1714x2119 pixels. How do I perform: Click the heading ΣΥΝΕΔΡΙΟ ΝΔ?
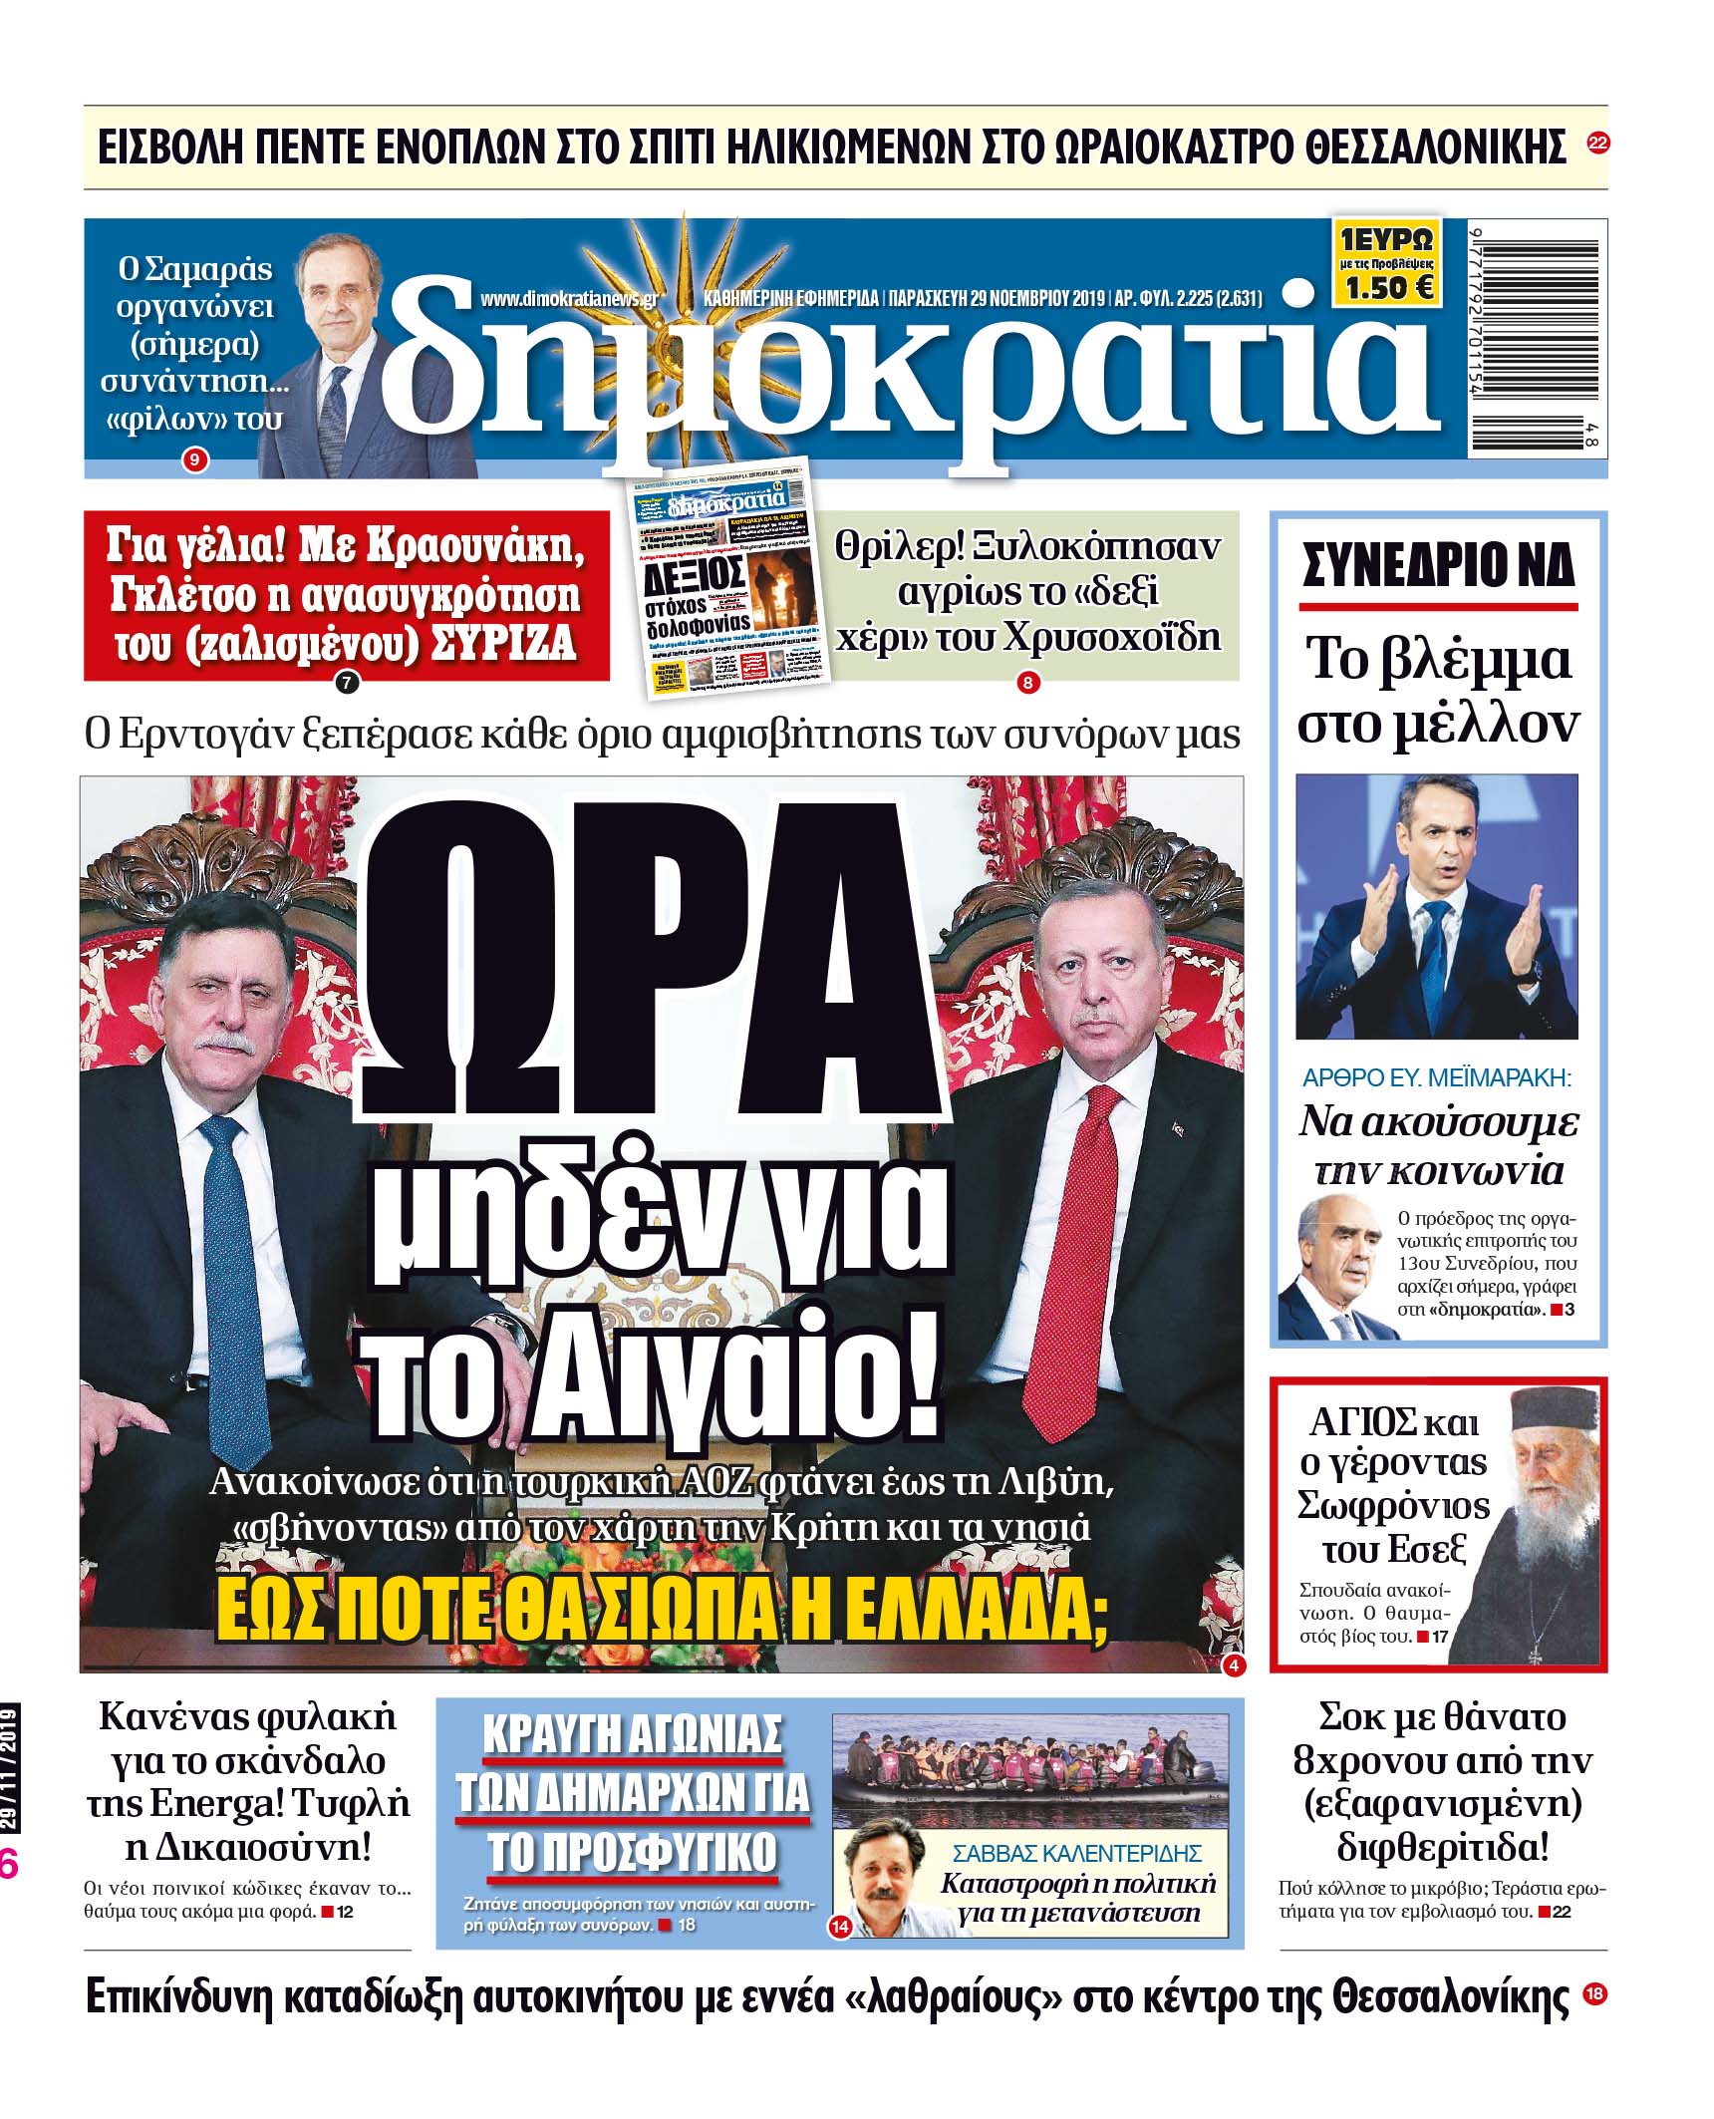[1437, 566]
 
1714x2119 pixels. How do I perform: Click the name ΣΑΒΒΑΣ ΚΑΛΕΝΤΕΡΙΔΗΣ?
[1077, 1854]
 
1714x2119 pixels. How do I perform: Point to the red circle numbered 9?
[194, 460]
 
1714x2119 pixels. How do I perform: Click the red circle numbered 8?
[1025, 683]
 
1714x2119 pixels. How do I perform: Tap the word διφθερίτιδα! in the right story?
[1442, 1847]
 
